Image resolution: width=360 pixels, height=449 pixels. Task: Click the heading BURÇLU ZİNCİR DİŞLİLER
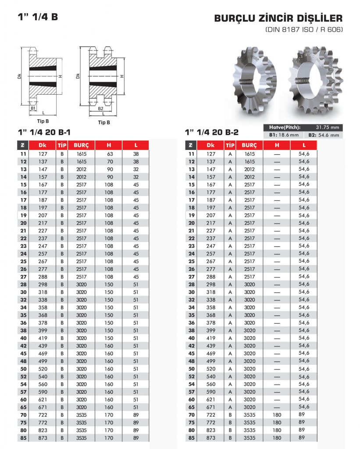[278, 19]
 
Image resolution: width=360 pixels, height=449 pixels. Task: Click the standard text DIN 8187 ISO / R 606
[303, 30]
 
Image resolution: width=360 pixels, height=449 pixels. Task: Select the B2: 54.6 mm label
[324, 135]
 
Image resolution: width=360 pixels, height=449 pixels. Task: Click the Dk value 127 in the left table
[42, 154]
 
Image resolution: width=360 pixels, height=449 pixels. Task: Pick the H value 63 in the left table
[110, 154]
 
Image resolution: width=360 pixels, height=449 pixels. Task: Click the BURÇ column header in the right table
[249, 145]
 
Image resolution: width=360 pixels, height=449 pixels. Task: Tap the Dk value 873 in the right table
[211, 438]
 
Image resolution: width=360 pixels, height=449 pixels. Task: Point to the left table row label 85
[23, 438]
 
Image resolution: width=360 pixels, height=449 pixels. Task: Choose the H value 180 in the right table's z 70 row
[277, 415]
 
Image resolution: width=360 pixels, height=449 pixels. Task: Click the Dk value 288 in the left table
[42, 277]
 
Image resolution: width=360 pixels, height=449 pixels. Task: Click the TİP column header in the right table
[230, 145]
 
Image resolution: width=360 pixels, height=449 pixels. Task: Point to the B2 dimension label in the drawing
[100, 108]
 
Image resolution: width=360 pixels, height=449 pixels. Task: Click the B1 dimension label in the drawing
[33, 108]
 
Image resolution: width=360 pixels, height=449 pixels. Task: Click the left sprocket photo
[256, 81]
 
